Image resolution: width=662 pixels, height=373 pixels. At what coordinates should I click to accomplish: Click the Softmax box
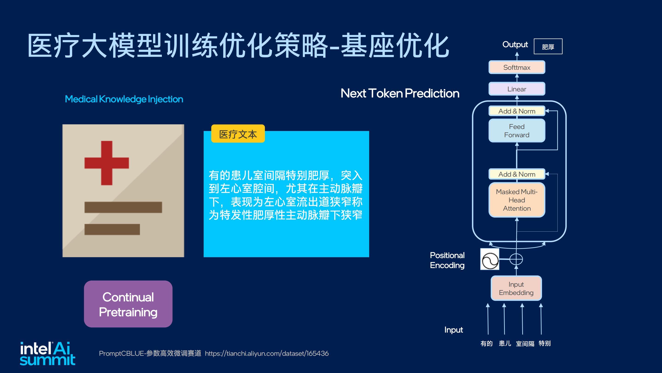(x=516, y=67)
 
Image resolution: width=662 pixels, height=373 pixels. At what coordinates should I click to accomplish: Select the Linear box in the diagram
(x=516, y=89)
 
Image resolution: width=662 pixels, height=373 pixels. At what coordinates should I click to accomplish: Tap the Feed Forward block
(x=516, y=131)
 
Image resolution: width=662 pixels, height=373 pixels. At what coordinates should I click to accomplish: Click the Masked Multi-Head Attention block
(x=516, y=200)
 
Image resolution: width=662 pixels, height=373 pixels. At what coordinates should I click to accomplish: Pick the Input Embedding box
(x=516, y=288)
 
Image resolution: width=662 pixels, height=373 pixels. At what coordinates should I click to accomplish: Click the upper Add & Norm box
(x=516, y=111)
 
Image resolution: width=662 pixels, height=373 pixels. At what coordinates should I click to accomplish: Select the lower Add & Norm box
(x=516, y=174)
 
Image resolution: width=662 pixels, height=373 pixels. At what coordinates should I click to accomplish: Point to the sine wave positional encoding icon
(x=490, y=259)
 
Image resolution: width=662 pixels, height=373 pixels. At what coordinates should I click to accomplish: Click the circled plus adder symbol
(x=516, y=259)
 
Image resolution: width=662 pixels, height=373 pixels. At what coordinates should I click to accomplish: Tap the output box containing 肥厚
(x=548, y=46)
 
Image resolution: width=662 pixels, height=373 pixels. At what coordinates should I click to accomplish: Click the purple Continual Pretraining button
(x=128, y=304)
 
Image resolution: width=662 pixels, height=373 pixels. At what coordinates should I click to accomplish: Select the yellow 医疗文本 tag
(x=238, y=134)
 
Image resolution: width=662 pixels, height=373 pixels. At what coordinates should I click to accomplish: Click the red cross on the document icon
(x=107, y=163)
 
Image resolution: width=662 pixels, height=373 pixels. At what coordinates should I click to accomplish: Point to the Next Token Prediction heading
(x=400, y=93)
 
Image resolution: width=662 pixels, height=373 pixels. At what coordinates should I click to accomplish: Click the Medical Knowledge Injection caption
(x=124, y=99)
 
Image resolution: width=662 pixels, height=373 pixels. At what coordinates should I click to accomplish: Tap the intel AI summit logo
(x=48, y=353)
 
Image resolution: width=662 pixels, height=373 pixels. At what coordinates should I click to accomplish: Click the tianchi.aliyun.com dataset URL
(x=267, y=353)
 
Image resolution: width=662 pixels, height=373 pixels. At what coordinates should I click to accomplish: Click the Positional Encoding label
(x=447, y=260)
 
